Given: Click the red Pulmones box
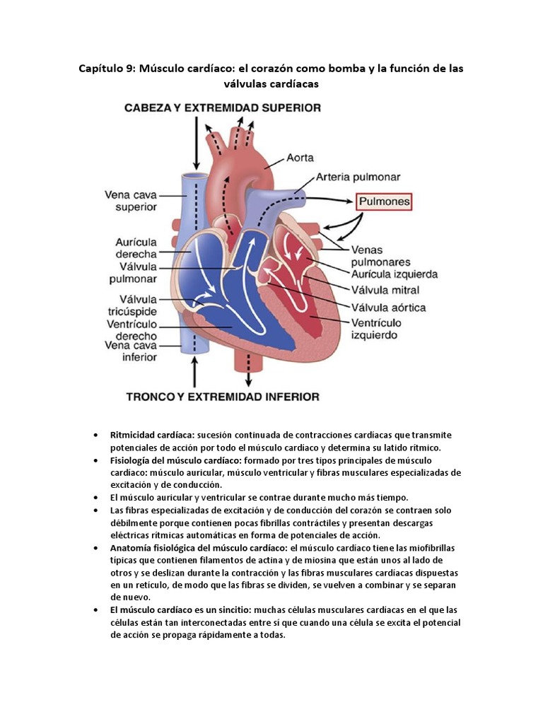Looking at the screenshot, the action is [x=384, y=202].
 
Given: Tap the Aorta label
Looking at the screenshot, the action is [x=300, y=158].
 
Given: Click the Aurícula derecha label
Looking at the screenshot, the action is [x=136, y=247].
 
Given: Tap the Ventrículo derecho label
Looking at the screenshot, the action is [x=139, y=330].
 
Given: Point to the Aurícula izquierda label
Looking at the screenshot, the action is [x=393, y=274].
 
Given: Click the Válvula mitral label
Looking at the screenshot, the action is [x=385, y=290].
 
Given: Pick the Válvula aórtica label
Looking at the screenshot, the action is [x=389, y=308].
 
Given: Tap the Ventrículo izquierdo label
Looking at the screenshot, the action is [x=378, y=329].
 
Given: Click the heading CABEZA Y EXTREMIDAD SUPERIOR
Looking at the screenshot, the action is [x=223, y=108].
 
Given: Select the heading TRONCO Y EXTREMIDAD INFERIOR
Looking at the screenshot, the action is [x=222, y=397].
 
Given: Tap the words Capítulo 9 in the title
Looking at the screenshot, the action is [x=106, y=69].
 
